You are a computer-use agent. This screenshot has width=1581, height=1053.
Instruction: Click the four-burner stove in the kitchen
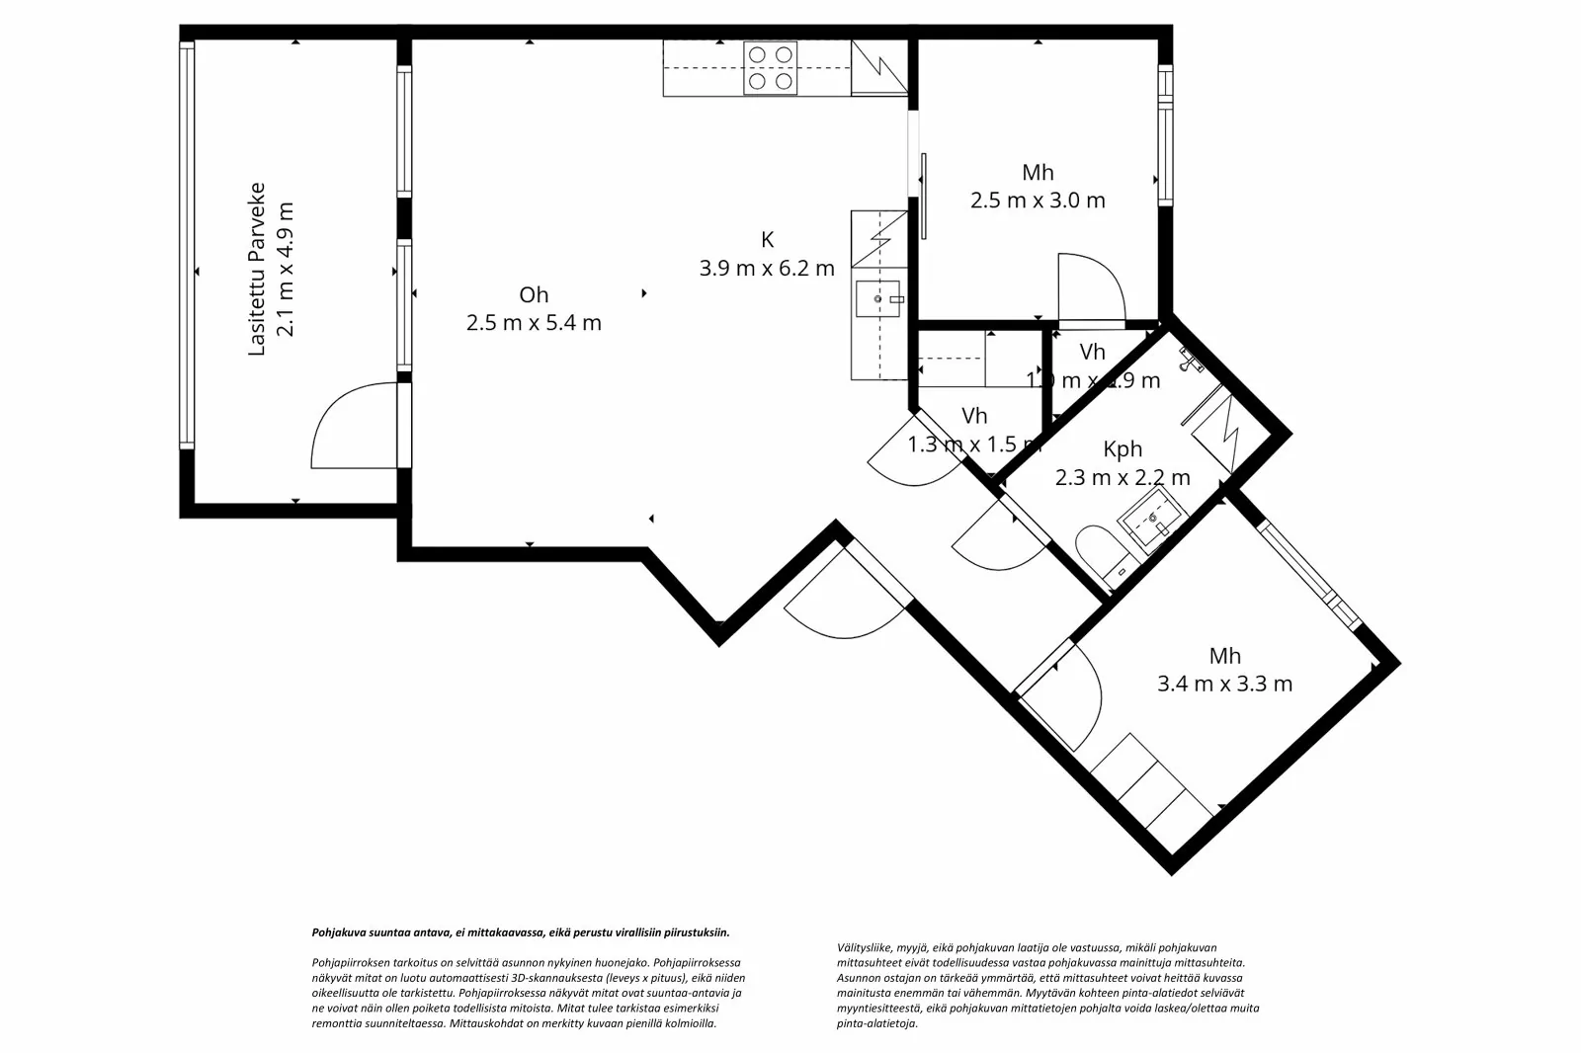771,67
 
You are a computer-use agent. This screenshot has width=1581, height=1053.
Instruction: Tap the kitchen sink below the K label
878,296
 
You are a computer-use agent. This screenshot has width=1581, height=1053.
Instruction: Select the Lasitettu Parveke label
258,269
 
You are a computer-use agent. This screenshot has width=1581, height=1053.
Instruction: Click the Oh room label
534,294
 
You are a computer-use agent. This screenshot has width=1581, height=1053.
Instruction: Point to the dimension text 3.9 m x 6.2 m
767,268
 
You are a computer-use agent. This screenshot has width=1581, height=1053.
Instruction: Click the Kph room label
1123,450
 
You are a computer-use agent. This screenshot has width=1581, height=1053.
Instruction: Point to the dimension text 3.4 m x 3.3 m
1224,684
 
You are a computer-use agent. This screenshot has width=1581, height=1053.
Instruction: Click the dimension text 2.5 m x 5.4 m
534,322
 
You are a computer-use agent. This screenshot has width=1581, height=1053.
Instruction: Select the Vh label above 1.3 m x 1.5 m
973,416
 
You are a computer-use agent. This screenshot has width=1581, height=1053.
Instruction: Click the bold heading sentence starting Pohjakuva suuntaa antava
521,931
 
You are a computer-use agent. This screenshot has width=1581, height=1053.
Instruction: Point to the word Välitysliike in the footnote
864,946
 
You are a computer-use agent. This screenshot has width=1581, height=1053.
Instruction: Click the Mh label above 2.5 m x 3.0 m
1038,173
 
